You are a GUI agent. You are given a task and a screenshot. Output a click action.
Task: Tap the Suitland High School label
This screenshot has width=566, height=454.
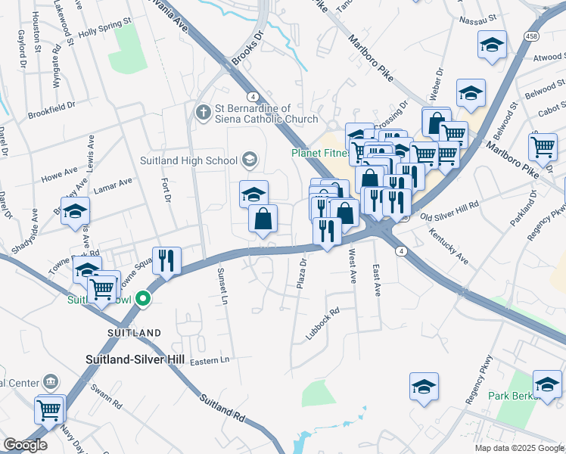[189, 160]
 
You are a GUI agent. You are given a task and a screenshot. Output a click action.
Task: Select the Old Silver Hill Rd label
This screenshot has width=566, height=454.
[449, 205]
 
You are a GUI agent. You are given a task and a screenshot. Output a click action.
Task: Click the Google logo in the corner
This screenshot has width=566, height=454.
[25, 445]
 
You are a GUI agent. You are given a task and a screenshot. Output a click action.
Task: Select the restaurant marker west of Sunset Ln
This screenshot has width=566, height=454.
[166, 260]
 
